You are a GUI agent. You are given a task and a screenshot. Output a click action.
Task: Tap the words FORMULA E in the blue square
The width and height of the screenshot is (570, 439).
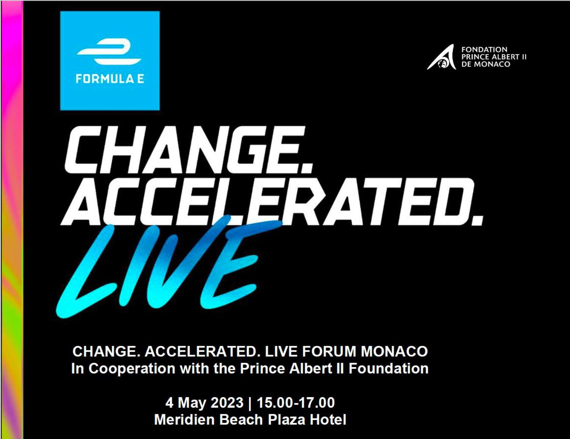(110, 79)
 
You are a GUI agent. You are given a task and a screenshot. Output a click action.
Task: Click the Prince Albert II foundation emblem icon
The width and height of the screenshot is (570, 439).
(441, 57)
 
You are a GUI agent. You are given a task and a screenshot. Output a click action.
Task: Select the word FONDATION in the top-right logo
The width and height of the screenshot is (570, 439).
(484, 49)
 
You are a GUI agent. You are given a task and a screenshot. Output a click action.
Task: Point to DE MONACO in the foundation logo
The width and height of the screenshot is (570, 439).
(486, 64)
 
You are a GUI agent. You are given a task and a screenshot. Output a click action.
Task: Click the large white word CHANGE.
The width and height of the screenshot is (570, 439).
(188, 150)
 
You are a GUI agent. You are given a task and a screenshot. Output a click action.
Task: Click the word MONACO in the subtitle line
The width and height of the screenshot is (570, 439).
(394, 351)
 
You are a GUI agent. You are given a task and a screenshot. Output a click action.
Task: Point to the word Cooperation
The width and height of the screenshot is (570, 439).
(132, 369)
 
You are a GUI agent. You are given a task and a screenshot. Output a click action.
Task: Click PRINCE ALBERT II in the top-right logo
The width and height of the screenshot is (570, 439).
(494, 57)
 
